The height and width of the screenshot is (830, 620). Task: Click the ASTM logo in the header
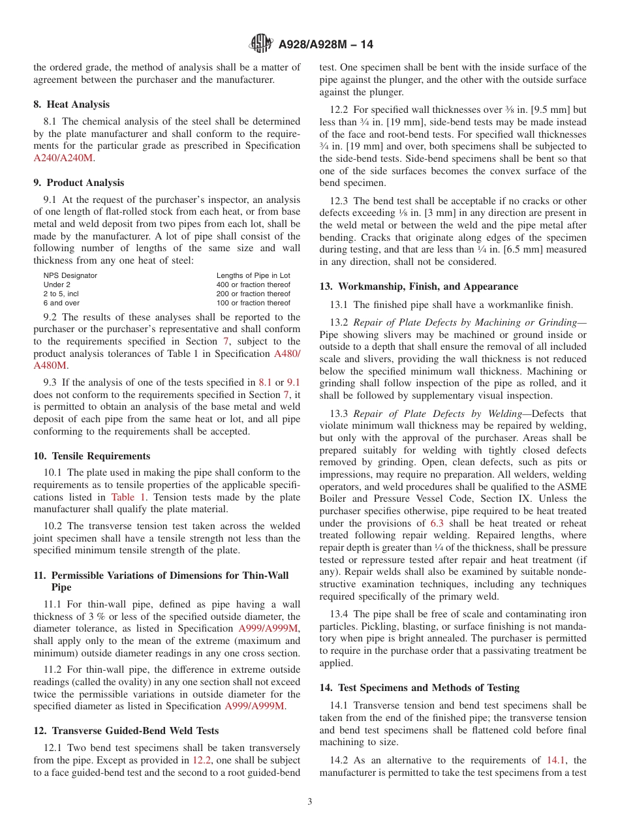(261, 44)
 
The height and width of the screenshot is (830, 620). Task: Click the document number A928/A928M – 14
(326, 45)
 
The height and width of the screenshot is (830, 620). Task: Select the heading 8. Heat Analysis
(71, 104)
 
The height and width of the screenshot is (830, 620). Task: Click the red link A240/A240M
(63, 158)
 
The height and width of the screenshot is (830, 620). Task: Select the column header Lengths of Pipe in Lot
(253, 275)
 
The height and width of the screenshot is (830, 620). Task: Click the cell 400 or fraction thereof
(253, 284)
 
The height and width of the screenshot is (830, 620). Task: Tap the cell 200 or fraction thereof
(253, 294)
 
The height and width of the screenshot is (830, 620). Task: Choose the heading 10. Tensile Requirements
(91, 456)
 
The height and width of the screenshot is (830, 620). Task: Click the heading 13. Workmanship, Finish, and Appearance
(418, 286)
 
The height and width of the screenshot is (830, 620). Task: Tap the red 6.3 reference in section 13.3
(437, 523)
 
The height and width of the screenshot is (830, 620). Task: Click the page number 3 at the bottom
(310, 802)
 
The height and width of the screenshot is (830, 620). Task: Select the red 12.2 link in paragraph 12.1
(201, 760)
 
